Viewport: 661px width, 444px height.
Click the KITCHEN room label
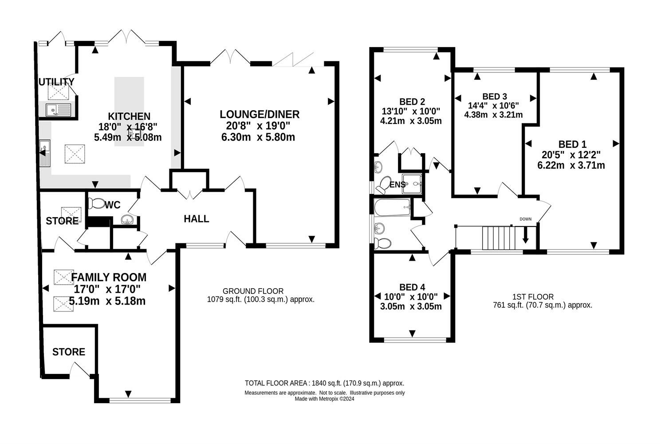click(129, 116)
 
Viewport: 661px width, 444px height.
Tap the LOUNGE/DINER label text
click(260, 114)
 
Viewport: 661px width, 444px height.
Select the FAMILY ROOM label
click(109, 277)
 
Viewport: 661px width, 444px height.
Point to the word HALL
click(196, 219)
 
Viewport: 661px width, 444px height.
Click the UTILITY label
click(56, 82)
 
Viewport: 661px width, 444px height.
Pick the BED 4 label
click(412, 287)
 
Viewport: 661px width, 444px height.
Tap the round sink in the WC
click(127, 219)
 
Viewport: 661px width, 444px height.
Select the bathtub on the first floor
click(392, 207)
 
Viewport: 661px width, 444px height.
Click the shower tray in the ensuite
click(412, 184)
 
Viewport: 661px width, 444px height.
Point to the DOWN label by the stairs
click(525, 219)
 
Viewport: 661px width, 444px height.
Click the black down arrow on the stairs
click(525, 235)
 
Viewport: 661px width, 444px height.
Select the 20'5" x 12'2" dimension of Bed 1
click(571, 155)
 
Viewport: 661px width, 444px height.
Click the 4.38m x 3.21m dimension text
click(493, 115)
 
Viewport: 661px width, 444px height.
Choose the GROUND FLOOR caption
click(253, 291)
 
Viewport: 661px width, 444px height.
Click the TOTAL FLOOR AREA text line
click(324, 383)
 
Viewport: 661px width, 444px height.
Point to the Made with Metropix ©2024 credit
click(324, 399)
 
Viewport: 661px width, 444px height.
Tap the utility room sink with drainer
click(59, 110)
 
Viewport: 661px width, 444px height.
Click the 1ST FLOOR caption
click(533, 297)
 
